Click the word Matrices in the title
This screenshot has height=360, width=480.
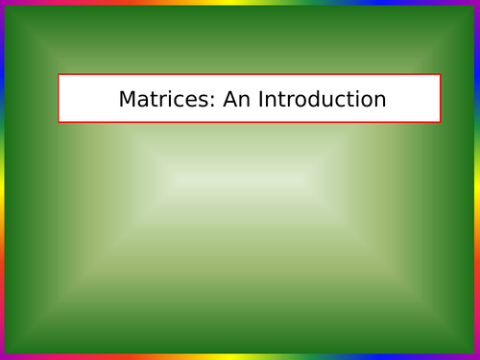tap(155, 99)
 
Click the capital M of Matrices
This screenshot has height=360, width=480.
tap(127, 99)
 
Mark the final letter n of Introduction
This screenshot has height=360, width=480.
tap(380, 101)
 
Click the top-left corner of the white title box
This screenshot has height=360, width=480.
tap(59, 75)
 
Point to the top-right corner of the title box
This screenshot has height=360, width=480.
tap(441, 75)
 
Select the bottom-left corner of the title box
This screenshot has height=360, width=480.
tap(59, 122)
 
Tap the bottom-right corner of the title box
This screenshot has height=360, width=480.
tap(441, 122)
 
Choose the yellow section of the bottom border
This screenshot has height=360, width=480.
tap(240, 357)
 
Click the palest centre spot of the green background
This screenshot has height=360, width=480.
tap(240, 180)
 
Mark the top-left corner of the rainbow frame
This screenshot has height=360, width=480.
tap(1, 1)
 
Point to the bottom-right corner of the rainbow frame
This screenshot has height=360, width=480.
tap(478, 358)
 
